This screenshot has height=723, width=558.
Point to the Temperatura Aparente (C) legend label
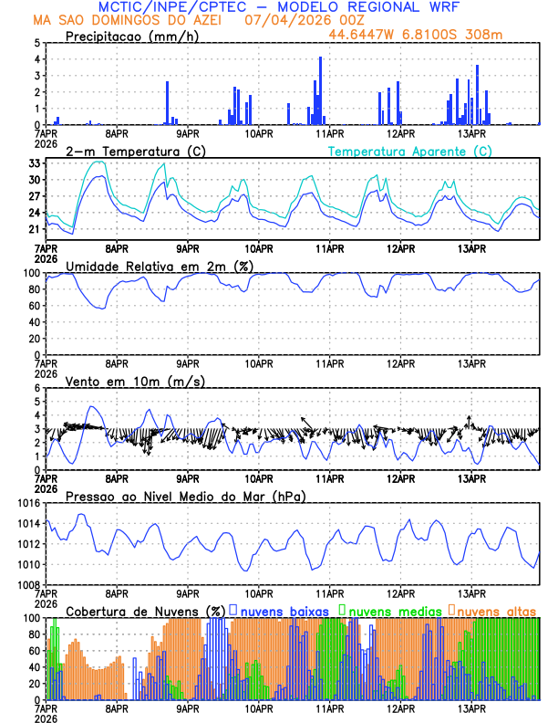point(409,151)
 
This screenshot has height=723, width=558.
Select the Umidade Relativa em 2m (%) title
point(160,266)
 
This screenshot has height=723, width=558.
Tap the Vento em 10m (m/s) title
point(135,381)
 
